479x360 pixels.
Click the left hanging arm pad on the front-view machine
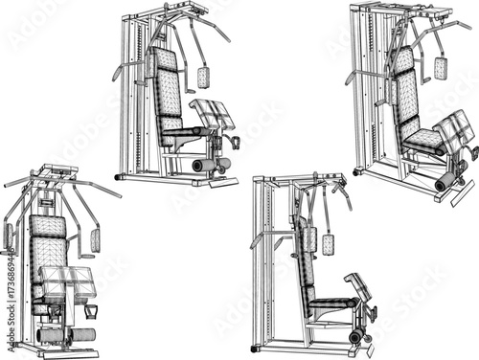point(9,236)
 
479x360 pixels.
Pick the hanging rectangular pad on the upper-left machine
point(203,77)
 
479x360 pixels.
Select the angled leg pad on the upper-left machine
point(213,115)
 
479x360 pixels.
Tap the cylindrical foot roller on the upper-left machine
point(204,165)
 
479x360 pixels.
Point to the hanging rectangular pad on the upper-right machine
point(440,68)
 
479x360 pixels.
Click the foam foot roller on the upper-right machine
point(445,181)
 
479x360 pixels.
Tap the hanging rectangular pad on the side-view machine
point(328,243)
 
